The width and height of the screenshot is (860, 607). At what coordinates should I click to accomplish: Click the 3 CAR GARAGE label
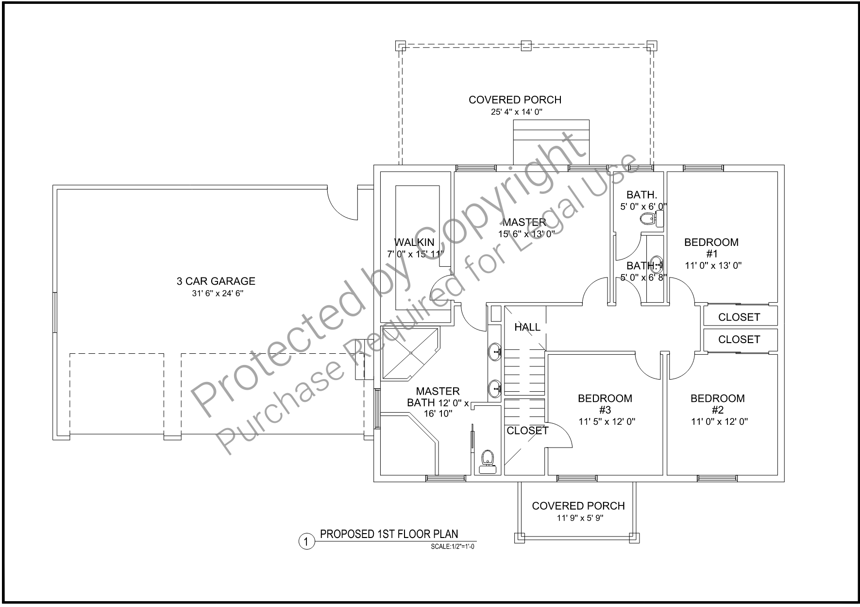(216, 281)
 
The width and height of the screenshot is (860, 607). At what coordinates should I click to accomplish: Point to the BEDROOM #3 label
(605, 404)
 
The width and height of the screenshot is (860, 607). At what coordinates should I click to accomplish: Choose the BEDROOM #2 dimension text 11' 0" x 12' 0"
(719, 422)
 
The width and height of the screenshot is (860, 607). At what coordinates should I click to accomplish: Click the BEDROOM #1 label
(711, 248)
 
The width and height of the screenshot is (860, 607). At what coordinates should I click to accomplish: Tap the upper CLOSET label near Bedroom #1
(739, 317)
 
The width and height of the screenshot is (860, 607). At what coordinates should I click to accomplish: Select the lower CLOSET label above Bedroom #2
(739, 339)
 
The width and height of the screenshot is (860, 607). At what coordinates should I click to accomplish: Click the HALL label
(527, 327)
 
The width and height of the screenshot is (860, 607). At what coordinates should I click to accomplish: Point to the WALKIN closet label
(414, 242)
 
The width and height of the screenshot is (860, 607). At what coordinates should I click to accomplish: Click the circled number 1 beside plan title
(306, 541)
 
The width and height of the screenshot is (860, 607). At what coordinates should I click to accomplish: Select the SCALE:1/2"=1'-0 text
(453, 547)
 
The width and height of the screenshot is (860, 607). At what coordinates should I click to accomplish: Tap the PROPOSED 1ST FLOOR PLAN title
(389, 534)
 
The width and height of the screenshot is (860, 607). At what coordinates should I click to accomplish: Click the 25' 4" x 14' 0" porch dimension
(515, 112)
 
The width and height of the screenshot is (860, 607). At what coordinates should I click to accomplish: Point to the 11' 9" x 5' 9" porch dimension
(578, 518)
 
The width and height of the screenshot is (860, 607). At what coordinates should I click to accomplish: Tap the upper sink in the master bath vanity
(495, 351)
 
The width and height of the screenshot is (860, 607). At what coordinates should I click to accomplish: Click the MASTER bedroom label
(524, 222)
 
